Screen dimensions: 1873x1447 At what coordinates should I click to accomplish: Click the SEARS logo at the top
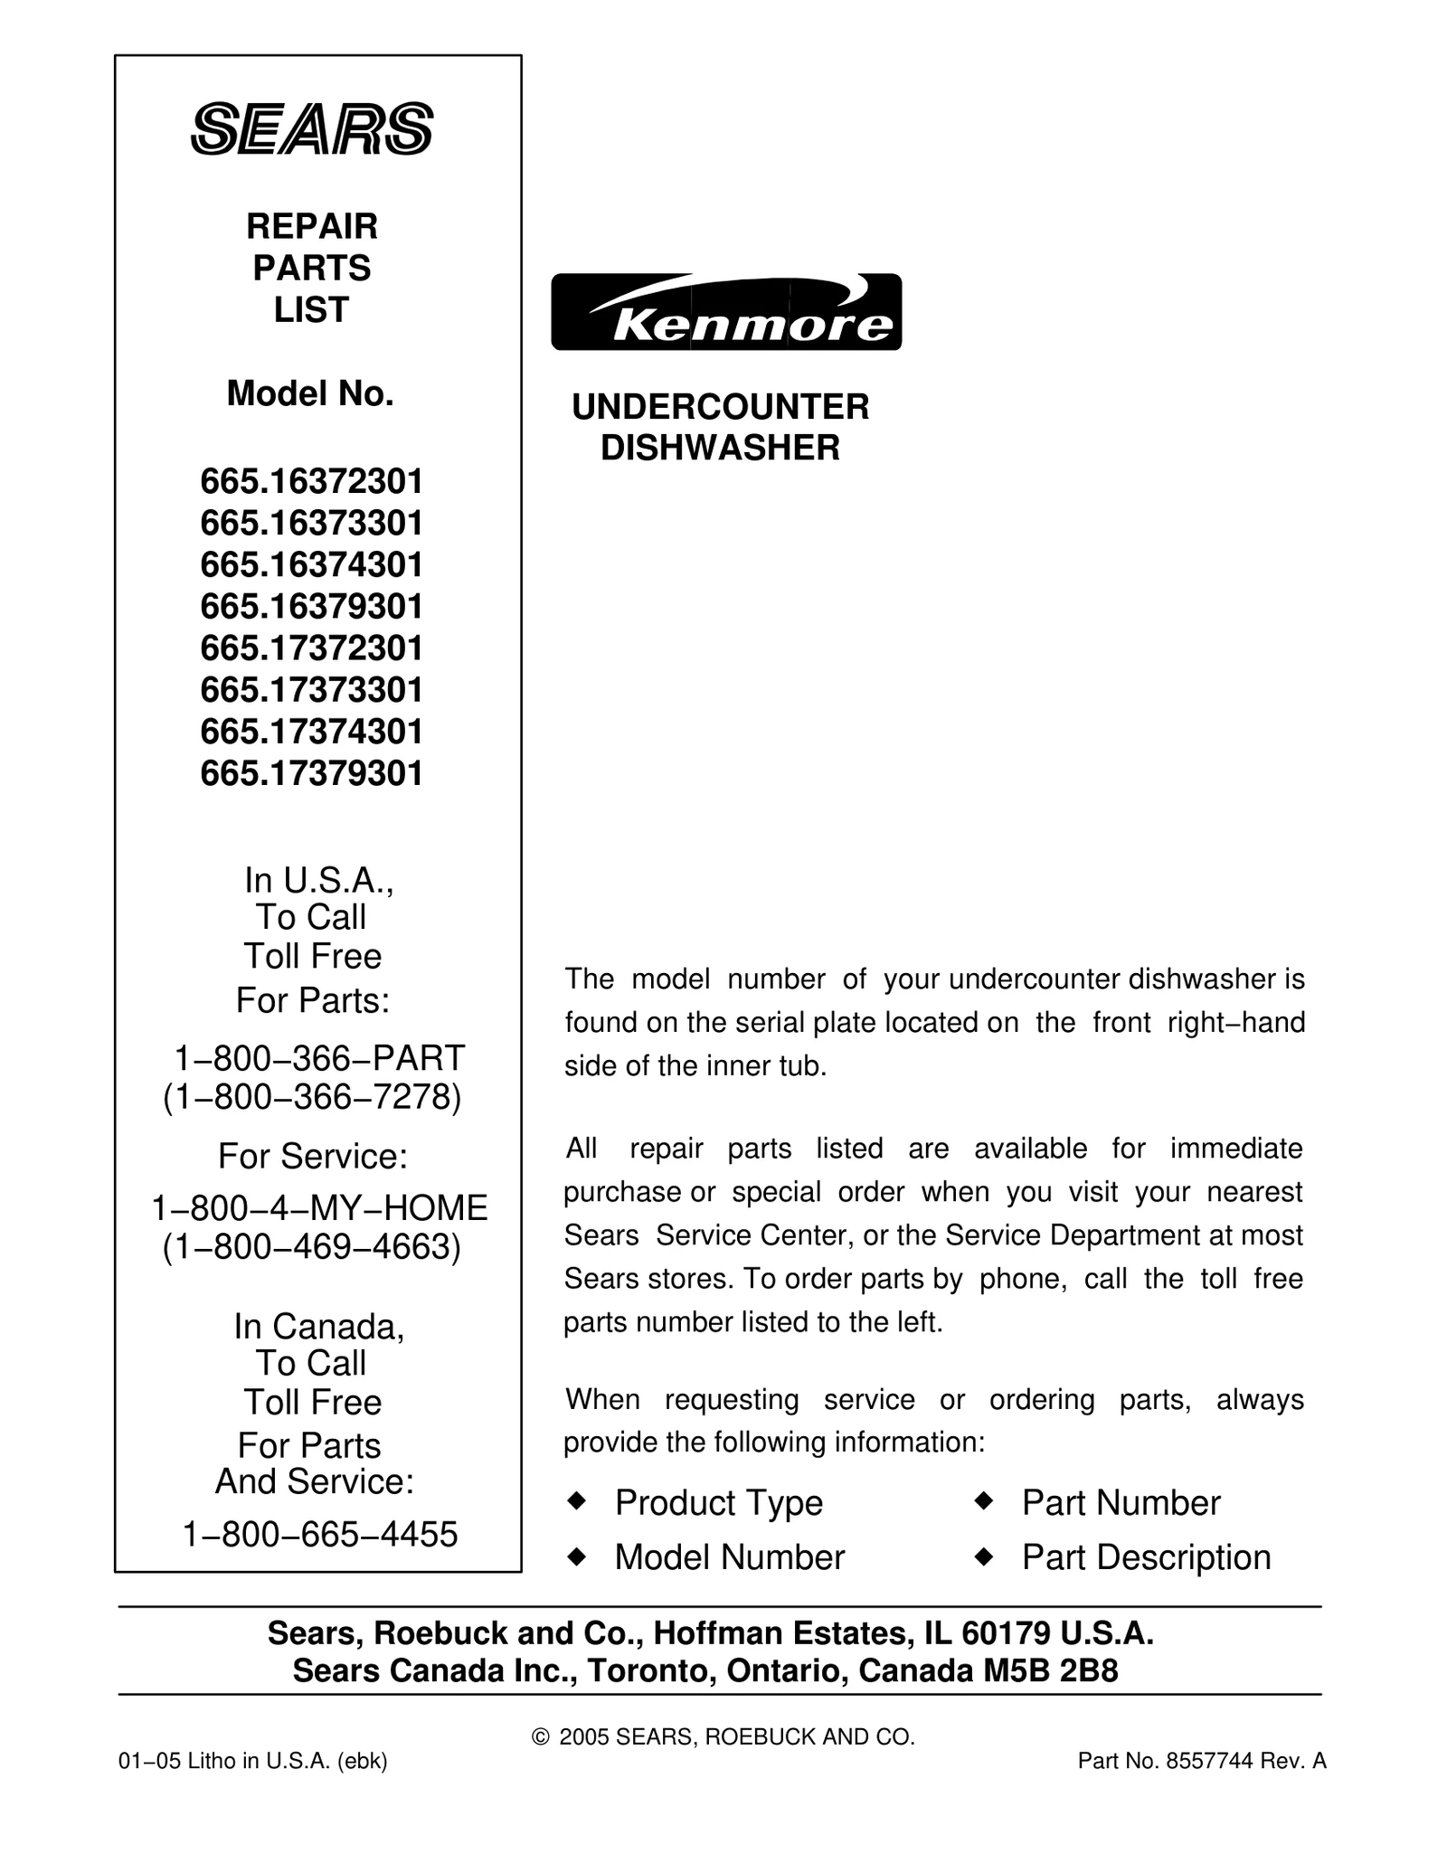click(312, 129)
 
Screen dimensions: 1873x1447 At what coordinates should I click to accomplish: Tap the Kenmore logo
click(726, 312)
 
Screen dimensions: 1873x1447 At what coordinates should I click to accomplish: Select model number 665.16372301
click(312, 482)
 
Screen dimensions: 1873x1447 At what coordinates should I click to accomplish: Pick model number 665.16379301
click(312, 607)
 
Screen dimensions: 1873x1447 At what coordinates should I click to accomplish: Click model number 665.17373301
click(312, 690)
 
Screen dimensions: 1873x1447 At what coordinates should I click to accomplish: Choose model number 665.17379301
click(312, 773)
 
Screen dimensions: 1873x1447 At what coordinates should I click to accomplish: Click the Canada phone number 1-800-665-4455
click(320, 1535)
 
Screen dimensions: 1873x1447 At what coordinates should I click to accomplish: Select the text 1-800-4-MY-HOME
click(319, 1207)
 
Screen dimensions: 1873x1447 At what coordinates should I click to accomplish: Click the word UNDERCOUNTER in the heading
click(721, 407)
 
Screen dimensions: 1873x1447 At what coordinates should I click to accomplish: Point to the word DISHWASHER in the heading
click(721, 448)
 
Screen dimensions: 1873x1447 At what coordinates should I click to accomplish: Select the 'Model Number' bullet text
click(729, 1557)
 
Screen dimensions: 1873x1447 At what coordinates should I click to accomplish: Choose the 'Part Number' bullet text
click(1121, 1503)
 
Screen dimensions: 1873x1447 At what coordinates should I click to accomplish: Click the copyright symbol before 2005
click(541, 1737)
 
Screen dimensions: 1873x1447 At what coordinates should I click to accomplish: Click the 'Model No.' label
click(310, 393)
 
